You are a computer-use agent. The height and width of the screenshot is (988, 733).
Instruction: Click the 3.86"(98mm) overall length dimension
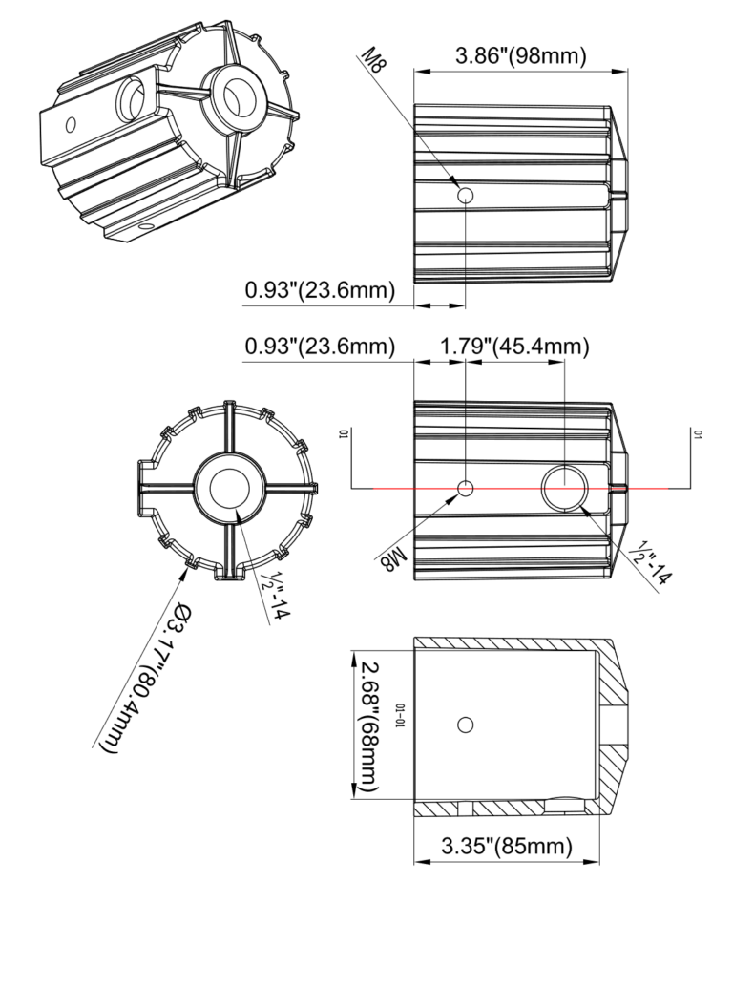(x=520, y=55)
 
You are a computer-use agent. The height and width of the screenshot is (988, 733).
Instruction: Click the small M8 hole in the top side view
(x=466, y=196)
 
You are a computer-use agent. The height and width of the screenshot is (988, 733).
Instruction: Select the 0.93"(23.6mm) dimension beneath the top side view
(x=320, y=290)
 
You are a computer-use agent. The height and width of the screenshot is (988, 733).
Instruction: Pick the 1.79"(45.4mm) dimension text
(x=513, y=346)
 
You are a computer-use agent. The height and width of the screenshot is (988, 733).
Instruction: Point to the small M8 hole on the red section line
(x=466, y=489)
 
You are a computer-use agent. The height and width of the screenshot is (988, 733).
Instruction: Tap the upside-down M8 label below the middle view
(x=391, y=557)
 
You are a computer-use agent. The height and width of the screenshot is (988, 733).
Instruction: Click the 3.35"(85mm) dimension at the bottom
(x=507, y=846)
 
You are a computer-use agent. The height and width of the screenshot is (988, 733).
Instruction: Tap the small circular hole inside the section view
(x=466, y=725)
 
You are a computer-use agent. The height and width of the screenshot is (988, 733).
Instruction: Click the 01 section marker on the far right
(x=699, y=434)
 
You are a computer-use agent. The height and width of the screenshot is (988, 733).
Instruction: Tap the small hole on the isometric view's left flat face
(x=70, y=124)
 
